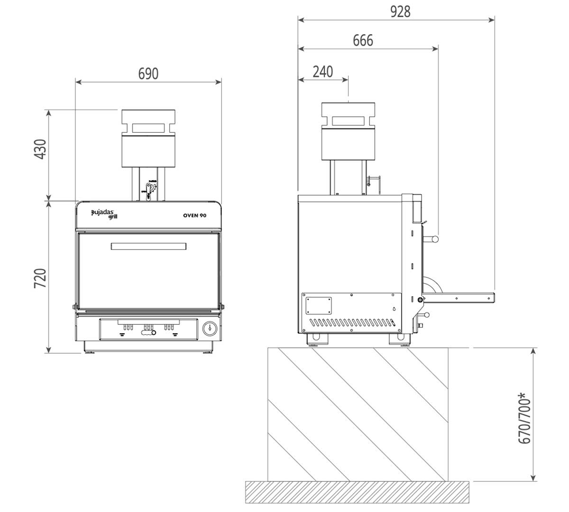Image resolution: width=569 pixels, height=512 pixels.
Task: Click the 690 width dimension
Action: [x=148, y=74]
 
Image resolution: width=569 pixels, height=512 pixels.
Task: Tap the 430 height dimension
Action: [x=41, y=149]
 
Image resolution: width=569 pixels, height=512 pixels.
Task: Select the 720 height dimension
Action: [x=41, y=278]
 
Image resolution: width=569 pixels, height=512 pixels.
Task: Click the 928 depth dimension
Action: [x=400, y=11]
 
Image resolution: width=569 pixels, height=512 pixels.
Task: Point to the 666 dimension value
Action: [x=363, y=41]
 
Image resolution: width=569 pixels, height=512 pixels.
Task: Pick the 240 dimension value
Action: [x=323, y=72]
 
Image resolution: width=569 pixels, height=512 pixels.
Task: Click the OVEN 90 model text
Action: [x=194, y=216]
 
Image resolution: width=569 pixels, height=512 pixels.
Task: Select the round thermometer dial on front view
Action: [x=210, y=328]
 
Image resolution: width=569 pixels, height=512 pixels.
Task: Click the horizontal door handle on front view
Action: [x=148, y=247]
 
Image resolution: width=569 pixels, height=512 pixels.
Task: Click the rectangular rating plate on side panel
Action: [x=318, y=305]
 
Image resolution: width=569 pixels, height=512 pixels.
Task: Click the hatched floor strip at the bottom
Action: [x=357, y=492]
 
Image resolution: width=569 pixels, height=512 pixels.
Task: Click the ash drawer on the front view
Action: [x=148, y=329]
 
